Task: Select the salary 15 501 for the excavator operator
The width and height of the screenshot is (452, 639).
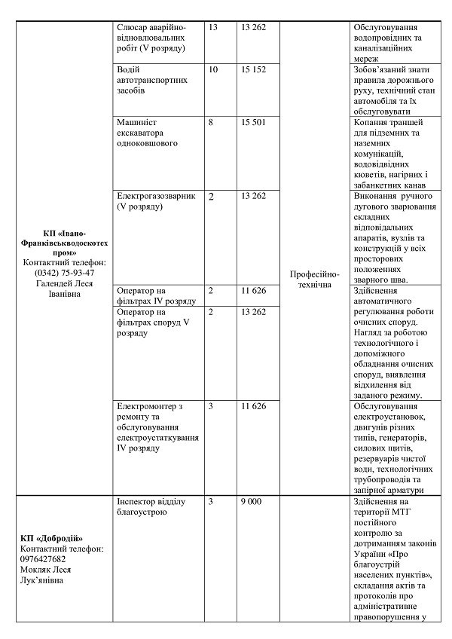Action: click(254, 122)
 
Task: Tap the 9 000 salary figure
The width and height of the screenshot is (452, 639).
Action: click(251, 501)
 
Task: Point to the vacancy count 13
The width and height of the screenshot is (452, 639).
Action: click(212, 27)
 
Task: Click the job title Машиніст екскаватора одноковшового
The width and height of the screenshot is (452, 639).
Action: click(152, 133)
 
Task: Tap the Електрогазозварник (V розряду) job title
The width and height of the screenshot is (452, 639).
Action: click(156, 200)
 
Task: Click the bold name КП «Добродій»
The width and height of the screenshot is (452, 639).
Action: click(52, 538)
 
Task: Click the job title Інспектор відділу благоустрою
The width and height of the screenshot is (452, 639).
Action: click(154, 506)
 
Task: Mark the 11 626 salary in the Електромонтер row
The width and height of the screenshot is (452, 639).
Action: click(254, 406)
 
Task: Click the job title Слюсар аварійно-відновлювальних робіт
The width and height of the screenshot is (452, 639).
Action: click(152, 38)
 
